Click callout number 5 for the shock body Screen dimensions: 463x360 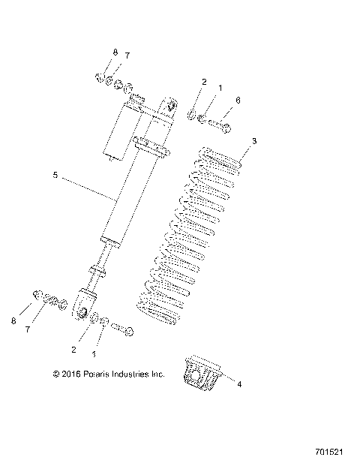tap(55, 175)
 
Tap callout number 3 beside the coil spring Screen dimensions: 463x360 tap(254, 140)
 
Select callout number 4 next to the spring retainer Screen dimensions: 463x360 tap(239, 384)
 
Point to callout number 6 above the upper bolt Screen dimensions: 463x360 tap(238, 100)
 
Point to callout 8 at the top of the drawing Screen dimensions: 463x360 tap(115, 53)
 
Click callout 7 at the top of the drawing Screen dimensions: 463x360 tap(127, 56)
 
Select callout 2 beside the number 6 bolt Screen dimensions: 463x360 tap(204, 81)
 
